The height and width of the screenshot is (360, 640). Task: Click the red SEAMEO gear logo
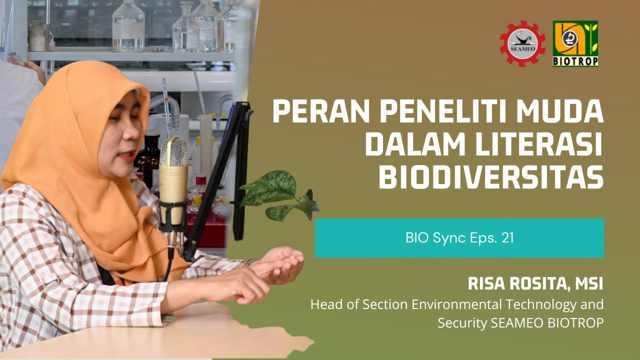(x=522, y=43)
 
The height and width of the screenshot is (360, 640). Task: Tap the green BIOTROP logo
(x=575, y=43)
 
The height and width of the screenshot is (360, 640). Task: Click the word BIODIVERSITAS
(x=490, y=177)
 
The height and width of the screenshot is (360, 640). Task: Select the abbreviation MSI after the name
(x=588, y=284)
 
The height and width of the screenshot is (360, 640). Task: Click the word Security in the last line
(x=463, y=323)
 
